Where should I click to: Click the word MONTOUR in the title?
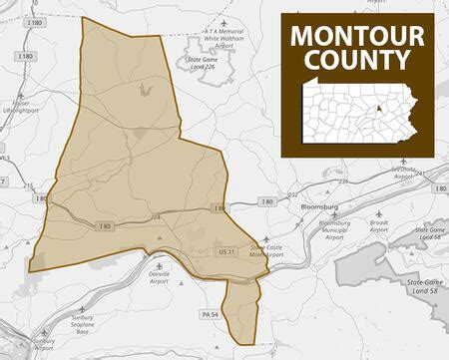[x=356, y=36]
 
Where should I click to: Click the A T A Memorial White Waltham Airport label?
[x=226, y=40]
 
